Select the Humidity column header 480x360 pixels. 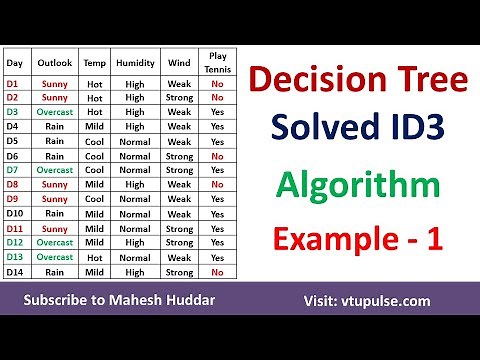pos(135,62)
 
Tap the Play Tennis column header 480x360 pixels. pos(217,62)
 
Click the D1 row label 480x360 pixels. pos(15,83)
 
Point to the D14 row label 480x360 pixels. pos(16,271)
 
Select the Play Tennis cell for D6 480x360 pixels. pos(217,156)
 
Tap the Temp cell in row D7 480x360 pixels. pos(94,170)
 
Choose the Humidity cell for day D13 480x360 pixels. pos(135,257)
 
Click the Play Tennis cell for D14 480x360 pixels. pos(217,271)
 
